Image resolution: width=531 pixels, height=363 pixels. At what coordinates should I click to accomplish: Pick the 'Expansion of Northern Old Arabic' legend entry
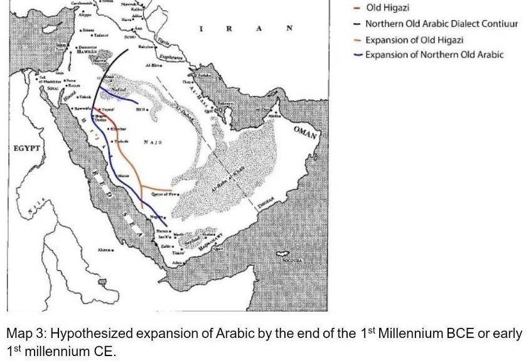click(434, 55)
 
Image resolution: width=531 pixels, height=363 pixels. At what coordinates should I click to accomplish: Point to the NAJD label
click(153, 142)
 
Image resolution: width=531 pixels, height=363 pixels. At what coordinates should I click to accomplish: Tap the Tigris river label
click(164, 39)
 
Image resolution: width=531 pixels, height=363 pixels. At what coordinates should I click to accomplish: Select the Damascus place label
click(87, 48)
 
